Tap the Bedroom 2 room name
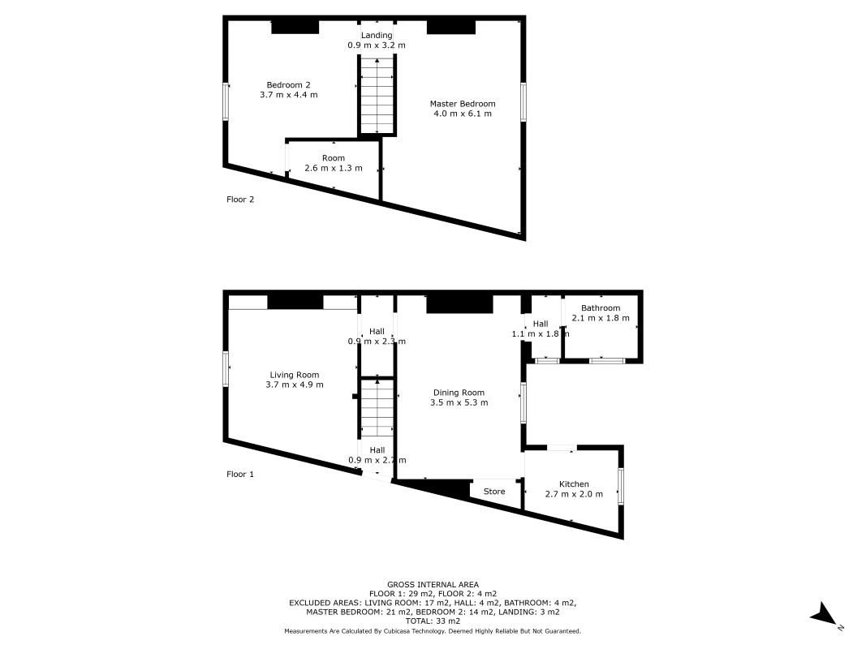point(288,84)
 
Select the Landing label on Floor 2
point(377,35)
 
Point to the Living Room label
point(294,375)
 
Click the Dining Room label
point(459,393)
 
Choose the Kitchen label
point(574,484)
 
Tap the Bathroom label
point(601,308)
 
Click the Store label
point(494,492)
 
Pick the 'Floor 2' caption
point(240,199)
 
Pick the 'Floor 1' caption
point(240,475)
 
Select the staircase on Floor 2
point(377,96)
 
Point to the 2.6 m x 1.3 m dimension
point(333,168)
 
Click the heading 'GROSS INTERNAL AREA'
point(433,584)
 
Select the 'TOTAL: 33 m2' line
point(433,621)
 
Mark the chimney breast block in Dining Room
point(459,304)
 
